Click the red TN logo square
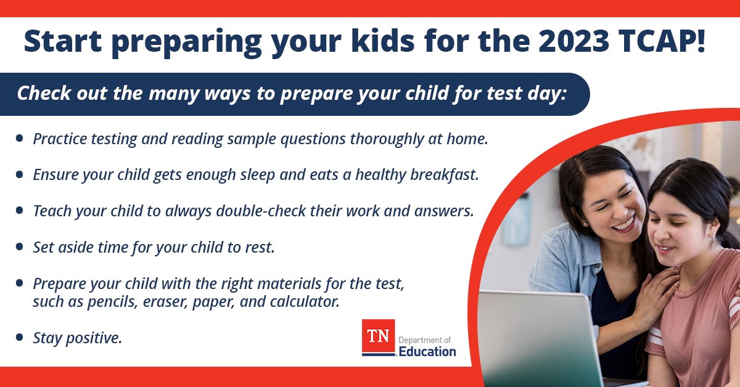377,337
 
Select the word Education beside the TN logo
427,352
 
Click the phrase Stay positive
77,338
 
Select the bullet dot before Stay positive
20,337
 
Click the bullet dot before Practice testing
20,139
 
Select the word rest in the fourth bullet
261,247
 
